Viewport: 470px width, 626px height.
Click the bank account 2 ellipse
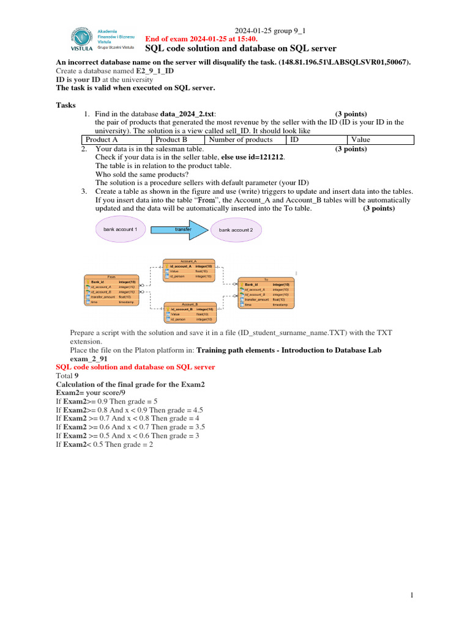click(236, 230)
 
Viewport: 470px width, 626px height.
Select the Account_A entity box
click(188, 270)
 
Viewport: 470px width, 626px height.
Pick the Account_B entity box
click(188, 312)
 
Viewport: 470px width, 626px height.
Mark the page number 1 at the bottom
click(412, 595)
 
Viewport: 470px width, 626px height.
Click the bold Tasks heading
click(66, 105)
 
